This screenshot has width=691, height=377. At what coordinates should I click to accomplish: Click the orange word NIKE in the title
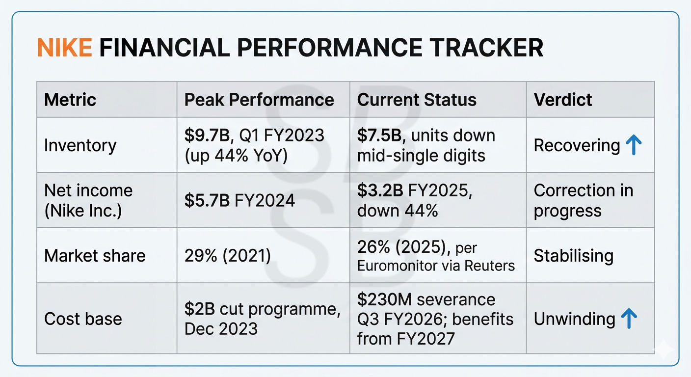pos(64,48)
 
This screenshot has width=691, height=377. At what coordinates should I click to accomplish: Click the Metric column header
pos(70,100)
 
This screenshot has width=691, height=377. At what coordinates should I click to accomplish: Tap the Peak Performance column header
pos(259,100)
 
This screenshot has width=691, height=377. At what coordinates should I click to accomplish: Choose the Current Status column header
pos(417,100)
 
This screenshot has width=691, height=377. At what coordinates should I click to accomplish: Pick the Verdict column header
pos(563,100)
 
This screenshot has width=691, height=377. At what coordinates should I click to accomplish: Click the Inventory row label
pos(80,145)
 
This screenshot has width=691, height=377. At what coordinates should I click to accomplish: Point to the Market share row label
pos(95,256)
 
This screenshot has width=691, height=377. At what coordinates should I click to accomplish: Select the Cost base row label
pos(83,319)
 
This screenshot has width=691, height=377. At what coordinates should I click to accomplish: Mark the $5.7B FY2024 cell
pos(239,200)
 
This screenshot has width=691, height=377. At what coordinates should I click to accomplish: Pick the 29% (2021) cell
pos(228,256)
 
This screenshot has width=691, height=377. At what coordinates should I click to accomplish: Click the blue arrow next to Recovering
pos(634,145)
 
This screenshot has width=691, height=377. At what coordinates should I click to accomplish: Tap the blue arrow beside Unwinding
pos(629,319)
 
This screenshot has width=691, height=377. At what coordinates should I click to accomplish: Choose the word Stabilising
pos(573,256)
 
